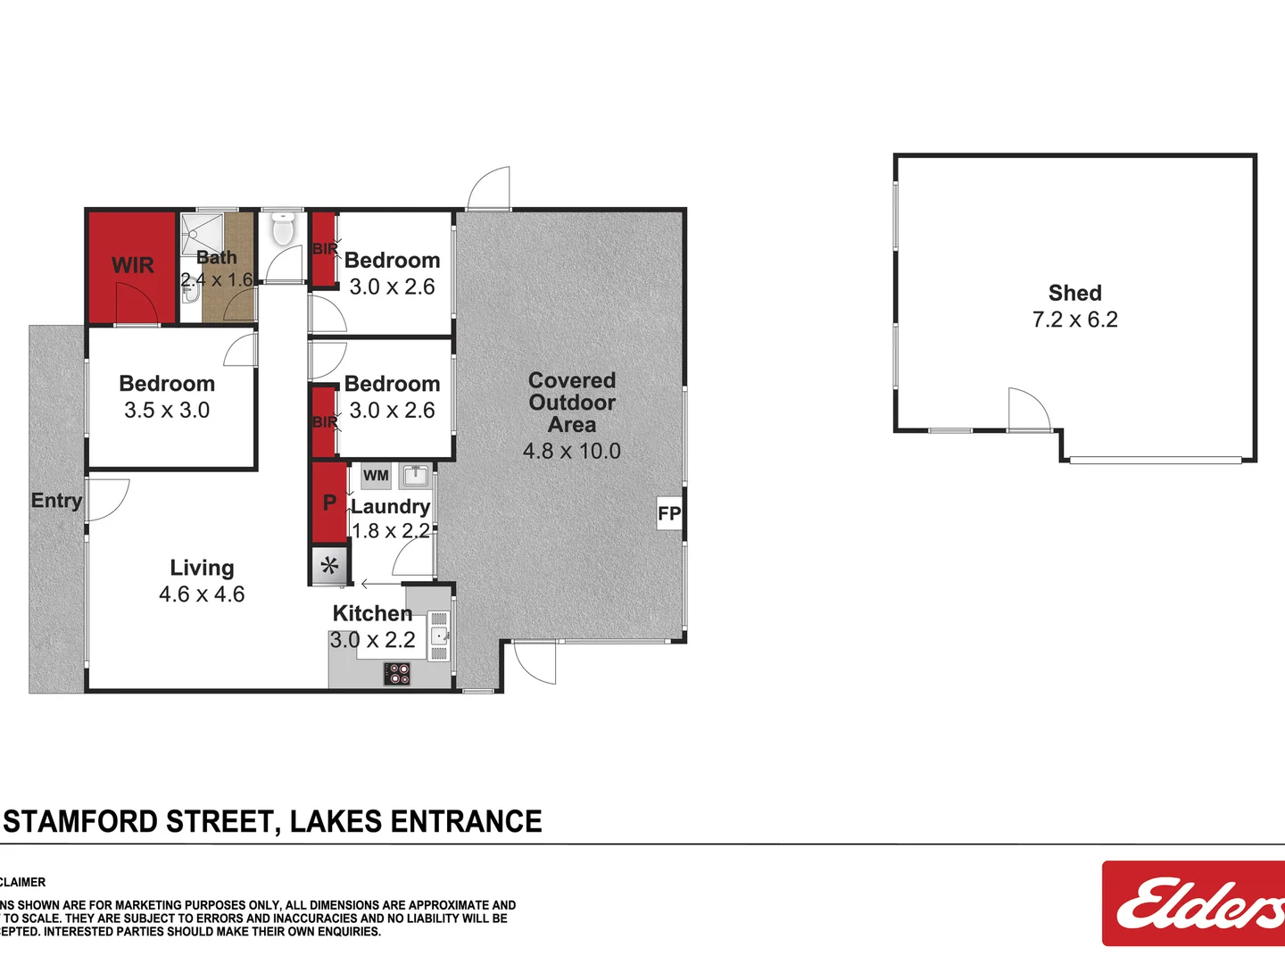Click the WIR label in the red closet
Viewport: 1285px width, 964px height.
click(x=132, y=265)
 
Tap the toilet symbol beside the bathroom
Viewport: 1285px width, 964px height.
click(x=283, y=229)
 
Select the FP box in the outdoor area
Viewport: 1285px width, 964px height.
click(x=669, y=513)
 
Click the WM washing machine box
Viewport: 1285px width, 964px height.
click(x=376, y=475)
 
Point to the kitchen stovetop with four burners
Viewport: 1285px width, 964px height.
click(x=397, y=673)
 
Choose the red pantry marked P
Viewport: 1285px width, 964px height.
click(x=329, y=503)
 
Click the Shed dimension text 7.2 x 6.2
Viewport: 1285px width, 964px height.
click(x=1074, y=320)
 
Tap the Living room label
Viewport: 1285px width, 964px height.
click(x=203, y=568)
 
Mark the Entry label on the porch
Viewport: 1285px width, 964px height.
click(x=56, y=501)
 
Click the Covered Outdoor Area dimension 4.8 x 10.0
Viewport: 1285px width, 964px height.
click(x=572, y=451)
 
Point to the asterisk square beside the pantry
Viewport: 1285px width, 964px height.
click(x=329, y=565)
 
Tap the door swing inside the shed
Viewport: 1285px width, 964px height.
click(x=1029, y=411)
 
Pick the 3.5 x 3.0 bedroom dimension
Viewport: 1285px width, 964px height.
click(x=167, y=411)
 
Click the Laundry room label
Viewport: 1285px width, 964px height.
click(x=391, y=507)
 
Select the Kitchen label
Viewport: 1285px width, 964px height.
click(x=372, y=613)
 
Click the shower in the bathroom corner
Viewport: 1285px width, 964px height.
click(x=202, y=234)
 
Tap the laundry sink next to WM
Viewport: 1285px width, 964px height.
click(x=415, y=474)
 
